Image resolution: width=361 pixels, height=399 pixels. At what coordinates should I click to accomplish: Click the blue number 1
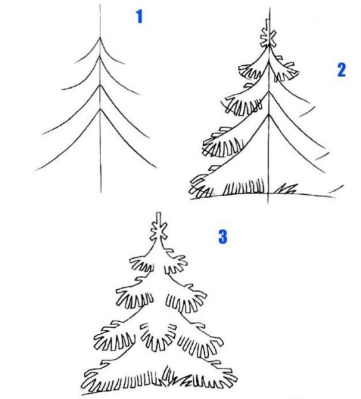139,17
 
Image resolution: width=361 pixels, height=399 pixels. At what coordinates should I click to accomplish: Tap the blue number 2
341,70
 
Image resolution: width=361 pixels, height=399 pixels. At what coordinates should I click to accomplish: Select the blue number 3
222,236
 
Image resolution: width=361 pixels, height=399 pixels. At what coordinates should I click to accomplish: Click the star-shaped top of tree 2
269,38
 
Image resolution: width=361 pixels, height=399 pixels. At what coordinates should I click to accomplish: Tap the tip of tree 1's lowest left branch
37,170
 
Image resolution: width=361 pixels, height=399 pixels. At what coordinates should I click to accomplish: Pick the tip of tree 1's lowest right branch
157,167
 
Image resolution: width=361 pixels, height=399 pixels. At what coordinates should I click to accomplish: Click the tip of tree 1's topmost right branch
124,65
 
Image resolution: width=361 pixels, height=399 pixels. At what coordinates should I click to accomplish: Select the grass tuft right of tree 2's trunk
287,190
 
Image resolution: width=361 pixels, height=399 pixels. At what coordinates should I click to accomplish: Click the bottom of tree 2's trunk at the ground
269,194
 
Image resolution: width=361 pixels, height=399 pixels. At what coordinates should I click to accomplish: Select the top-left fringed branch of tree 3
138,264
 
